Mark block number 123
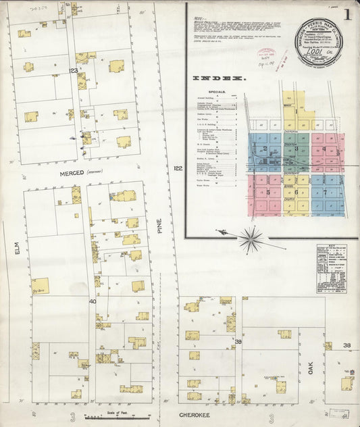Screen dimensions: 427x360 tap(73, 70)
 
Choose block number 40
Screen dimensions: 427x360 tap(93, 301)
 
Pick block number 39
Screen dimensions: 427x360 tap(238, 343)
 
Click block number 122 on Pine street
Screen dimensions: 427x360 tap(177, 168)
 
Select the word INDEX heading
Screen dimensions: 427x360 tap(218, 78)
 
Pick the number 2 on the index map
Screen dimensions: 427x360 tap(265, 149)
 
